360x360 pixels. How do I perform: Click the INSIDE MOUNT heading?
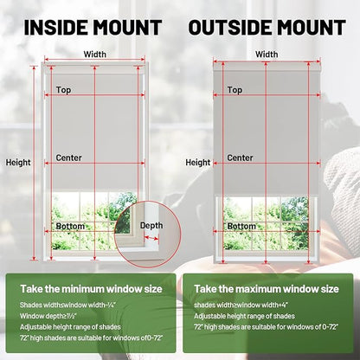(x=93, y=28)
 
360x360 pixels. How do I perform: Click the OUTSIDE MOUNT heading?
(x=267, y=28)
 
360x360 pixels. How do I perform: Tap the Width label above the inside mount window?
(x=95, y=54)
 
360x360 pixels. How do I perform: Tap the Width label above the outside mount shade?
(x=267, y=54)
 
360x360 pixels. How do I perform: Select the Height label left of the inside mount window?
(x=18, y=163)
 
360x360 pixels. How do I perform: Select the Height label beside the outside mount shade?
(x=198, y=163)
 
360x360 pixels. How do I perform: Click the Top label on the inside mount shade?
(x=63, y=90)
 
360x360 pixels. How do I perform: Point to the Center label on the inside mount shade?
(x=68, y=157)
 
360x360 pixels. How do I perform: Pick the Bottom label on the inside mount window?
(x=70, y=226)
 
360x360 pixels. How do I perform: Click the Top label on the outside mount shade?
(x=235, y=90)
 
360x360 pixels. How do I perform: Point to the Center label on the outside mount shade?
(x=240, y=157)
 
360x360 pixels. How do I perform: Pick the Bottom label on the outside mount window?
(x=241, y=226)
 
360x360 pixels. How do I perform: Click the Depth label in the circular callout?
(x=151, y=226)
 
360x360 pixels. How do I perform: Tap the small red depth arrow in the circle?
(x=151, y=238)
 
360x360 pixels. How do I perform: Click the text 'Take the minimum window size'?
(x=91, y=289)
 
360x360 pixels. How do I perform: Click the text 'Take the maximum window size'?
(x=267, y=289)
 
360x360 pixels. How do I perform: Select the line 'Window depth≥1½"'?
(x=48, y=316)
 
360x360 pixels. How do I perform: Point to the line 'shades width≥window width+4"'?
(x=241, y=305)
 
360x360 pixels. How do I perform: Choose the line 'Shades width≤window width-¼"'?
(x=67, y=305)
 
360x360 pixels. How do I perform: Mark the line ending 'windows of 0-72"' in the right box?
(x=266, y=327)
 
